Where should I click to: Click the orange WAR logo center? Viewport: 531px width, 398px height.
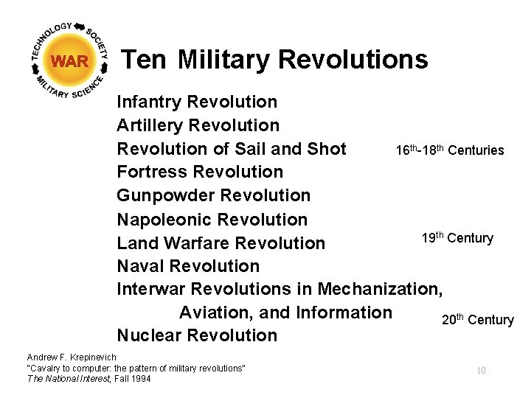(70, 61)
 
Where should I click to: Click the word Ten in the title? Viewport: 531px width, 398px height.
(144, 59)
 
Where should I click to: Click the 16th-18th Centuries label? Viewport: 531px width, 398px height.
(449, 150)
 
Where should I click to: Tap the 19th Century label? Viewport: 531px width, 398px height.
(457, 237)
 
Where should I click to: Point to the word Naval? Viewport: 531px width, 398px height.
(140, 266)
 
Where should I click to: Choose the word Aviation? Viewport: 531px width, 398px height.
(216, 313)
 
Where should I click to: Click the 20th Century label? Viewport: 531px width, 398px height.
(477, 319)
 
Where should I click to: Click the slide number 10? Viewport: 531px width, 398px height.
(481, 370)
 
